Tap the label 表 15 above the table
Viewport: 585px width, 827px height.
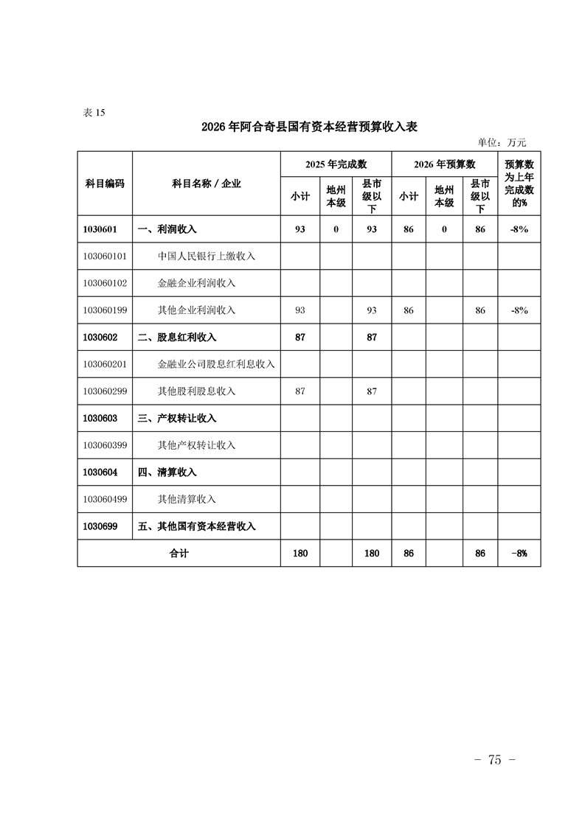tap(95, 113)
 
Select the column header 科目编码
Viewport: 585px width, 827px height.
tap(104, 184)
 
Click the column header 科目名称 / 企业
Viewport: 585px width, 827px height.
tap(207, 184)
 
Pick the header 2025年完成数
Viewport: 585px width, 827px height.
tap(336, 164)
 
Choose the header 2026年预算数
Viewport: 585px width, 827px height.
tap(444, 164)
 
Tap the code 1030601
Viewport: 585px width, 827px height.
tap(101, 229)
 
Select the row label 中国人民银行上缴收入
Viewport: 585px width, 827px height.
tap(206, 257)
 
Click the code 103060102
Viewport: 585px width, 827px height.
tap(105, 283)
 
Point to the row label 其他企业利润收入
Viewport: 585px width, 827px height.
tap(196, 310)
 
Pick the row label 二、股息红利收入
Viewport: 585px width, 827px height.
tap(177, 337)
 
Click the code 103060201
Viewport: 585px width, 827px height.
tap(105, 364)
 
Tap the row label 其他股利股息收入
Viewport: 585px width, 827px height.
tap(196, 391)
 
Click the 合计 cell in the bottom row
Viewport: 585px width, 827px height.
tap(179, 553)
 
